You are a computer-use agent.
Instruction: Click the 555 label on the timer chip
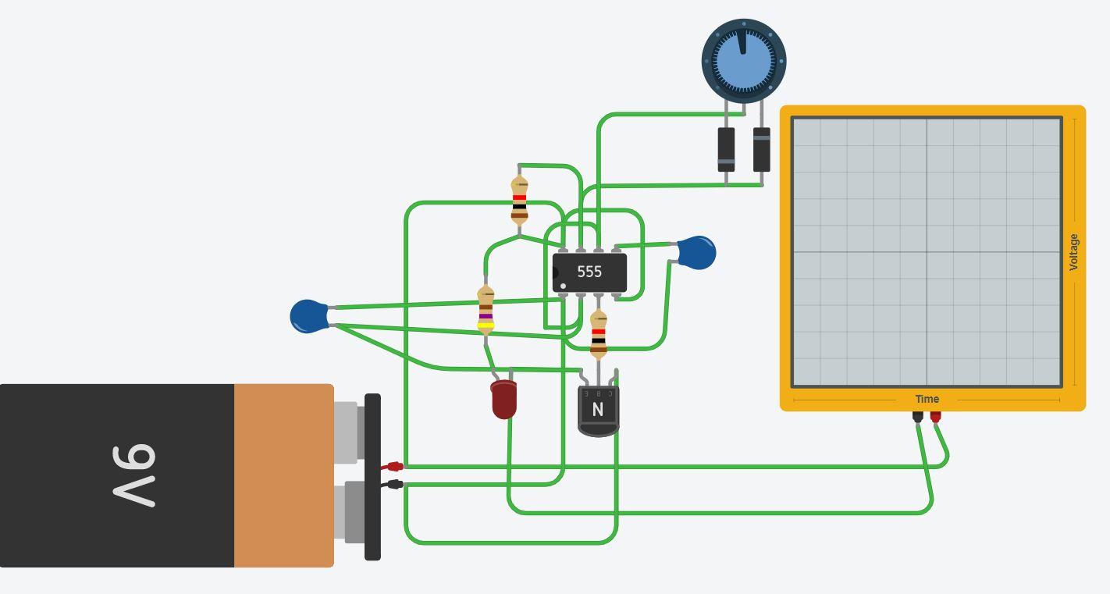coord(589,272)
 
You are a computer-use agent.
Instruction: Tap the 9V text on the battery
coord(134,475)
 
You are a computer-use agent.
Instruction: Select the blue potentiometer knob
coord(743,61)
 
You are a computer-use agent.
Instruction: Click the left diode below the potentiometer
coord(726,149)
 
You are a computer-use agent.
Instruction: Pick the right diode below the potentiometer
coord(761,149)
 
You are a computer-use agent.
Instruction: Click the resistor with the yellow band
coord(486,311)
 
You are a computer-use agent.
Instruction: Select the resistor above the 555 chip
coord(519,201)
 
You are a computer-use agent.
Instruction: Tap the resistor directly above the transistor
coord(599,334)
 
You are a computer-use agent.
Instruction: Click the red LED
coord(503,399)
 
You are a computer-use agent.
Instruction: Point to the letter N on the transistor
coord(598,410)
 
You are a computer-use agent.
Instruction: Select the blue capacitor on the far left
coord(308,316)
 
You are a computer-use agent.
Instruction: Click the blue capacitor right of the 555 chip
coord(697,253)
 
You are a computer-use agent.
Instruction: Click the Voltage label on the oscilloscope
coord(1073,252)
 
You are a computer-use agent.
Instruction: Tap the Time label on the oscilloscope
coord(927,399)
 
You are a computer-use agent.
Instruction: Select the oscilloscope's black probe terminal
coord(917,416)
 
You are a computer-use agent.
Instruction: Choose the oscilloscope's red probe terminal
coord(935,416)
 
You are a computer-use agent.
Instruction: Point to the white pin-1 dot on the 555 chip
coord(563,286)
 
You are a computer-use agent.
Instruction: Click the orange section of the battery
coord(283,475)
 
